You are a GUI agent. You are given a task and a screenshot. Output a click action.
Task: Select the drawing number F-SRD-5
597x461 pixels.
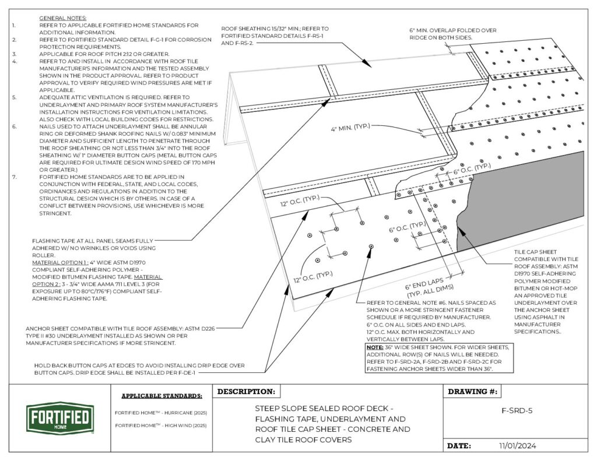pyautogui.click(x=517, y=410)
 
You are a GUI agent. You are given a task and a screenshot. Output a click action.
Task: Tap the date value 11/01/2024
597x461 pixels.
pyautogui.click(x=517, y=446)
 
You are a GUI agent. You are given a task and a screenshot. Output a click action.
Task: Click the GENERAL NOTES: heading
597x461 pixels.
pyautogui.click(x=62, y=19)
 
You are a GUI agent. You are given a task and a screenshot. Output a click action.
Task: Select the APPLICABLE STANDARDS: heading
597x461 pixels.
pyautogui.click(x=161, y=396)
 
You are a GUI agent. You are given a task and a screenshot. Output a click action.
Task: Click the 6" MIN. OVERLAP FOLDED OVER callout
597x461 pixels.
pyautogui.click(x=453, y=33)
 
